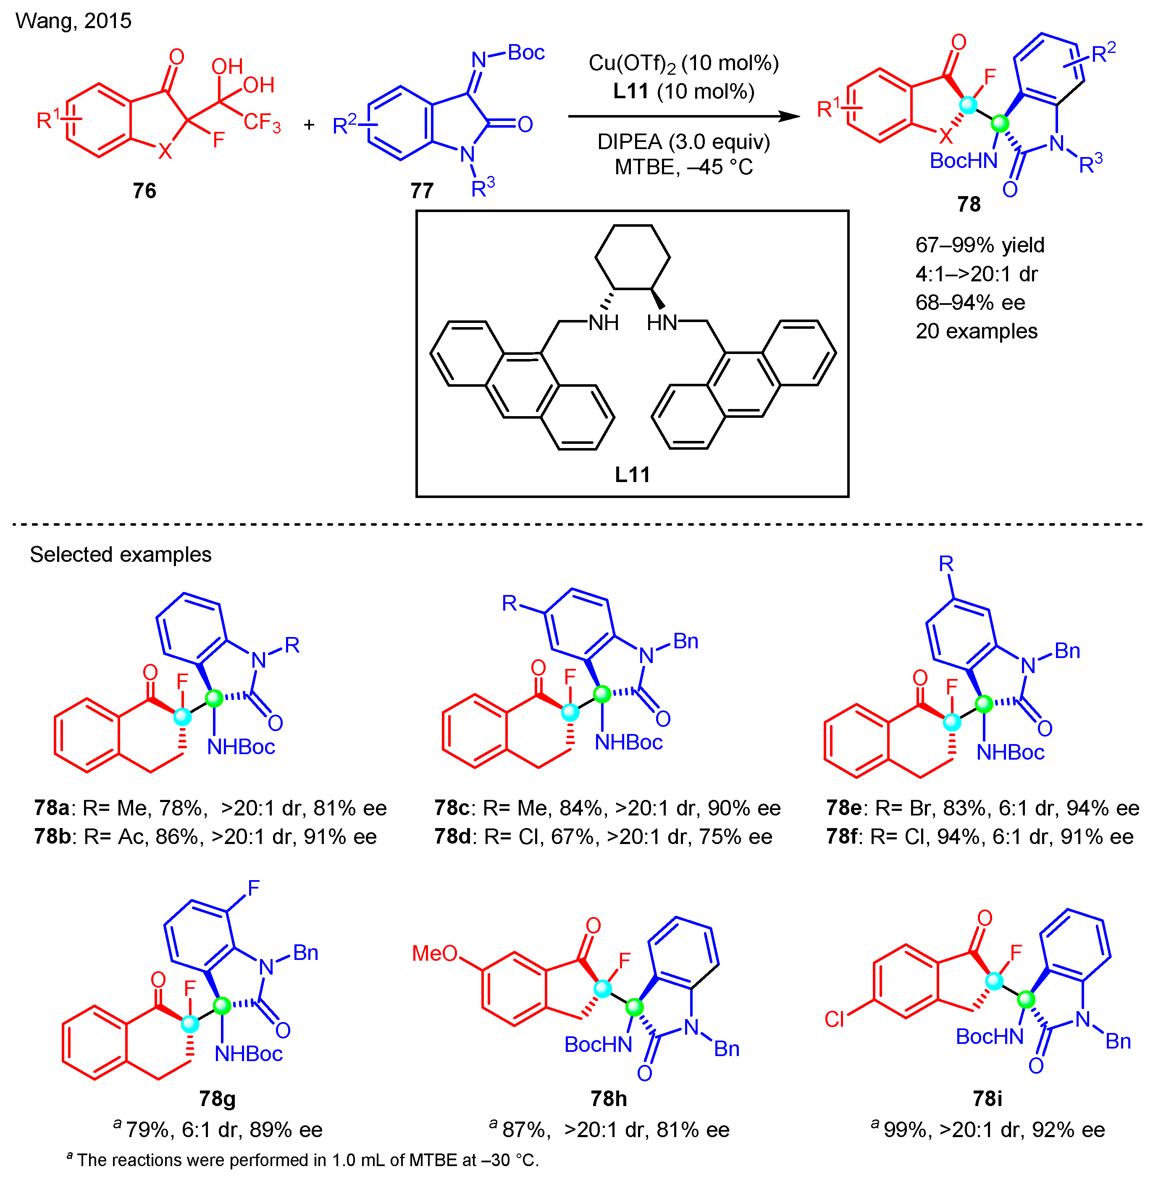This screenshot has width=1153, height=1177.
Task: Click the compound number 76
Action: click(x=144, y=191)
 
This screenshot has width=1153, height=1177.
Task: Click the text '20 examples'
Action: click(x=976, y=331)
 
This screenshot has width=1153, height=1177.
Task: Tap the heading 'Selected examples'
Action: click(x=121, y=554)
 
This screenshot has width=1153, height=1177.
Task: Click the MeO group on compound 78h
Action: click(x=434, y=954)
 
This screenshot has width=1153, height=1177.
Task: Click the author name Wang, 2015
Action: click(x=73, y=21)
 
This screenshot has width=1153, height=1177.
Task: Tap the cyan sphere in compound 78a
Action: click(x=182, y=717)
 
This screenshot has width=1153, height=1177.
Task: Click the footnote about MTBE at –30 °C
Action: click(x=303, y=1159)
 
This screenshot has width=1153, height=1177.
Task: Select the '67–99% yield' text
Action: click(x=980, y=245)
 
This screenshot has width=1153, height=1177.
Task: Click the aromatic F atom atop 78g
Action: click(x=253, y=888)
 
